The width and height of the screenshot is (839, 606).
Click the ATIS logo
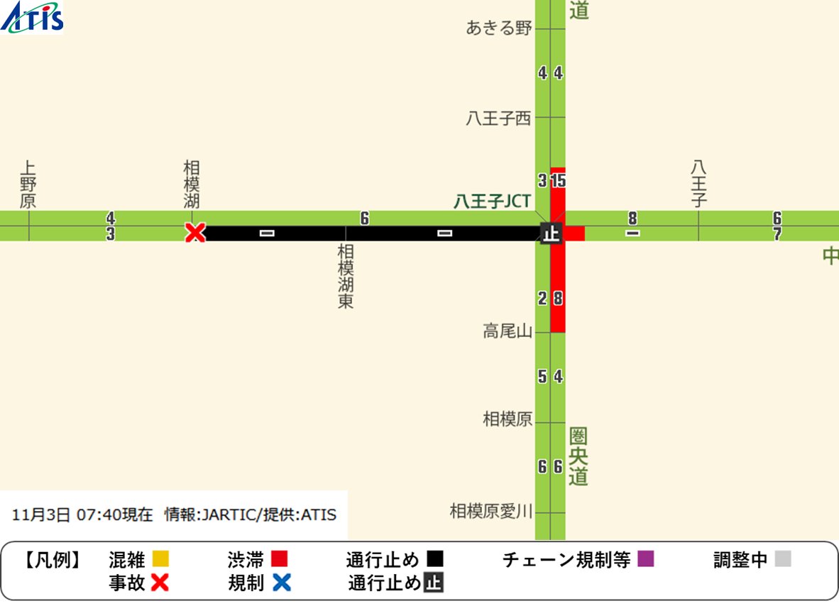tap(33, 18)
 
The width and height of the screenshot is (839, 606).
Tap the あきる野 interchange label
tap(499, 28)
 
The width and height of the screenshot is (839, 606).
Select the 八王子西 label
tap(499, 119)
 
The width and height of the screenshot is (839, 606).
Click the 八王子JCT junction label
tap(492, 202)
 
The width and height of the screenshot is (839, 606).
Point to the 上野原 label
tap(28, 184)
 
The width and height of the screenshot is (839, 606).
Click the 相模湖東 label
tap(346, 277)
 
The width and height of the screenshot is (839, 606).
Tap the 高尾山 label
tap(508, 331)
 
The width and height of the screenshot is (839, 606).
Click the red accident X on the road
tap(194, 232)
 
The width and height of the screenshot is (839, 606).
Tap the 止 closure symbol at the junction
tap(551, 232)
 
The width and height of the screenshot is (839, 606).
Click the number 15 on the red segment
tap(559, 181)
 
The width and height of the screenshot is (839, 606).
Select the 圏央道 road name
tap(578, 456)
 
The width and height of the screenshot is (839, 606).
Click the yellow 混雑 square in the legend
tap(160, 559)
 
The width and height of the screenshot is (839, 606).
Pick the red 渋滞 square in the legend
tap(279, 559)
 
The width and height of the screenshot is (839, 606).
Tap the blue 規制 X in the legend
tap(282, 583)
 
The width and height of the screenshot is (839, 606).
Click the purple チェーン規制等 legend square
tap(645, 559)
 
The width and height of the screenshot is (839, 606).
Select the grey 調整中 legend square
tap(782, 559)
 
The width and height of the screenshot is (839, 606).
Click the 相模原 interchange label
tap(508, 419)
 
